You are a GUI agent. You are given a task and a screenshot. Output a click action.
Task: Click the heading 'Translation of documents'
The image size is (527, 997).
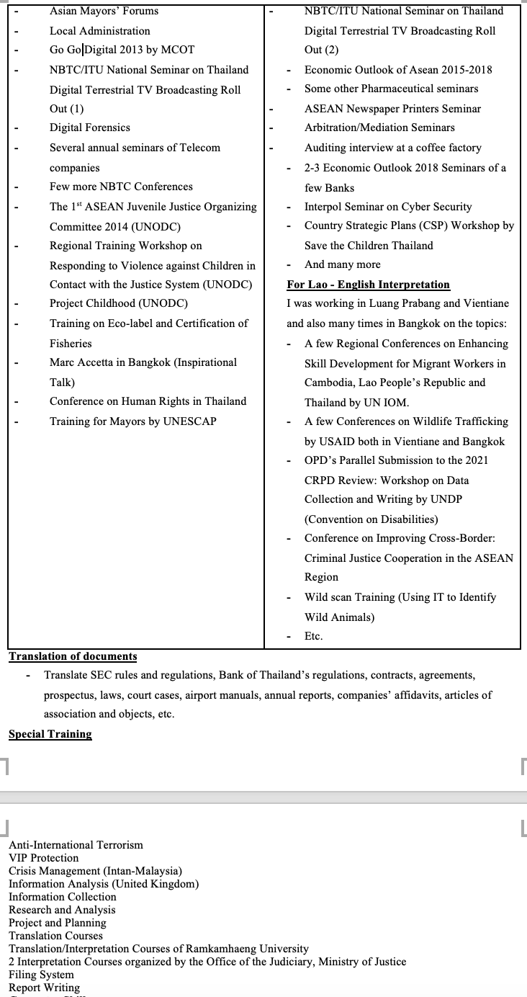tap(73, 656)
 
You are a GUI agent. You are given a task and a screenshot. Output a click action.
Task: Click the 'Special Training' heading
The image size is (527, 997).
tap(50, 734)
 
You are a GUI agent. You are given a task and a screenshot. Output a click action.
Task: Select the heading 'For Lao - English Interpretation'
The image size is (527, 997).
tap(368, 285)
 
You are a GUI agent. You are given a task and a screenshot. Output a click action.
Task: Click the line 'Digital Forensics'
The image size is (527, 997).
tap(90, 128)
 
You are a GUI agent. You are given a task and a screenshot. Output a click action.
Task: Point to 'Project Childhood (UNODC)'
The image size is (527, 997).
tap(119, 303)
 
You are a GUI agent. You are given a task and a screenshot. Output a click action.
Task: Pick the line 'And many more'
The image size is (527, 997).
tap(343, 264)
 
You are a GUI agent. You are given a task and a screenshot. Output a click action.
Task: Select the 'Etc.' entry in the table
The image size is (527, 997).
tap(314, 636)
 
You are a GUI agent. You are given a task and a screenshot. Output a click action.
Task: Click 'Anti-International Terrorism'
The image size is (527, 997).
tap(76, 845)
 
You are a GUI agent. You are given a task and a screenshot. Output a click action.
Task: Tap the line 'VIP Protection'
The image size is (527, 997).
tap(44, 858)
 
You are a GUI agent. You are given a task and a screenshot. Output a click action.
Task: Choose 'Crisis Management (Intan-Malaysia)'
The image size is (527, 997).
tap(95, 871)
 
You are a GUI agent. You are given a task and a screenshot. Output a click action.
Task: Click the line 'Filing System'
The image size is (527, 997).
tap(41, 975)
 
